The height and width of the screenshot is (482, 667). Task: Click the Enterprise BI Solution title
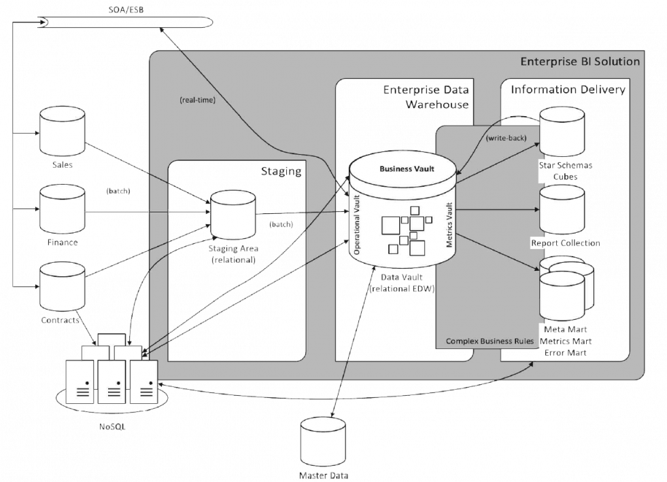click(x=580, y=62)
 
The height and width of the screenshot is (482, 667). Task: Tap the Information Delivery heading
click(x=568, y=90)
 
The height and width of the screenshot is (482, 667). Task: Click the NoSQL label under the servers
click(x=112, y=427)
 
